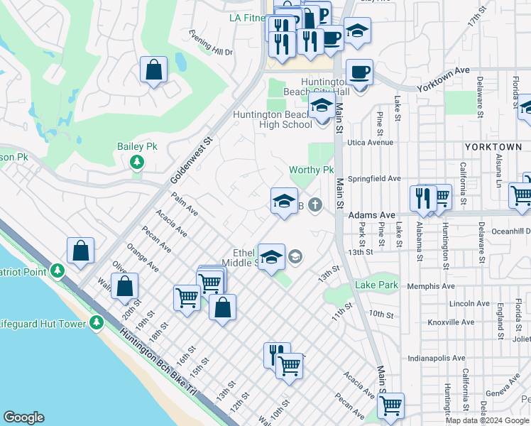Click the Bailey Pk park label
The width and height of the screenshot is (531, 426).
[136, 146]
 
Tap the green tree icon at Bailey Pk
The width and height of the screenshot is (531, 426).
[136, 163]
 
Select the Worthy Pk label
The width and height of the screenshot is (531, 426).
[311, 170]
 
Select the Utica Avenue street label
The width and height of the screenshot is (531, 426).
[368, 142]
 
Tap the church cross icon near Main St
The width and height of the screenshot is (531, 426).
[314, 205]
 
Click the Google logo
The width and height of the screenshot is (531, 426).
[24, 417]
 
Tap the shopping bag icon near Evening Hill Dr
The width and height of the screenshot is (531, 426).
[153, 70]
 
